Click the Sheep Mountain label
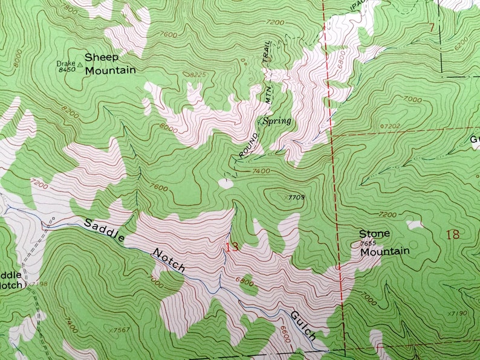(109, 63)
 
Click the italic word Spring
(277, 121)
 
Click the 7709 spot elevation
(296, 197)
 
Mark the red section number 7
(431, 27)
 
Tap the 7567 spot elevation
(122, 330)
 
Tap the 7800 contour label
(70, 10)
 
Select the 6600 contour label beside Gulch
(284, 334)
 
